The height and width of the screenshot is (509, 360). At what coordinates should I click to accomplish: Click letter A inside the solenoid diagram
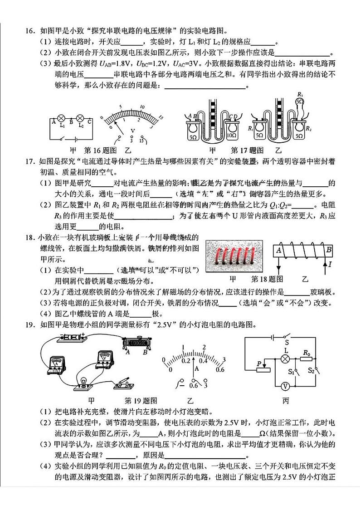point(279,248)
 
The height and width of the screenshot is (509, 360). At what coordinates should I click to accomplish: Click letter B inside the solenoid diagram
point(328,248)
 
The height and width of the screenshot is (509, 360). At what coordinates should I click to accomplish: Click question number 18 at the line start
point(30,238)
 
